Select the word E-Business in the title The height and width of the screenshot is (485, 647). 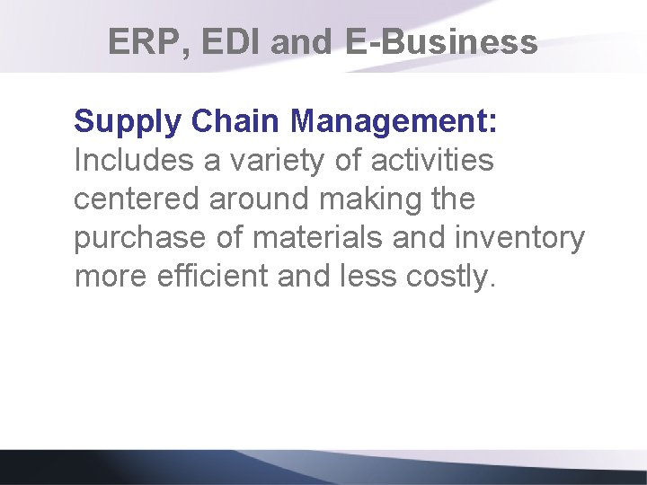pos(441,42)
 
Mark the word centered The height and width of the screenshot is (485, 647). pos(137,198)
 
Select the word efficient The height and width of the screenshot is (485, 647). pos(211,276)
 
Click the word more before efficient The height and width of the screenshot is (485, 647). pos(109,276)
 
